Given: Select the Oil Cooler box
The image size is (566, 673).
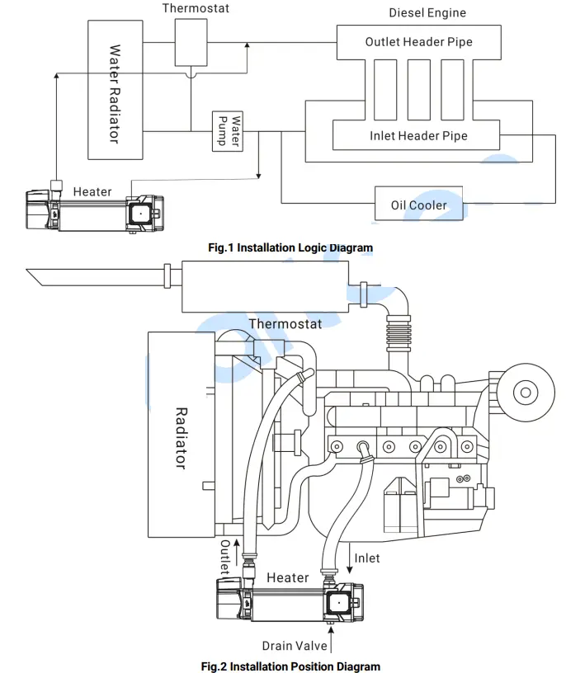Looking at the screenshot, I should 418,205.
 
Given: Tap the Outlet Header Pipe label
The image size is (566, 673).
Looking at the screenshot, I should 419,42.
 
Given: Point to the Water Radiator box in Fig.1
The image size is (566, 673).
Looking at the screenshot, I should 115,91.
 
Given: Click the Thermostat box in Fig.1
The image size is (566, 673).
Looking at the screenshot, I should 191,41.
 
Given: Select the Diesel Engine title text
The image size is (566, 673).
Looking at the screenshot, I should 427,13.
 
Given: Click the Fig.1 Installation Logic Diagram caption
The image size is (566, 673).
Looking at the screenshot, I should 290,247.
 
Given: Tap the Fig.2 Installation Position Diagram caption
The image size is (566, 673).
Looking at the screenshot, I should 290,666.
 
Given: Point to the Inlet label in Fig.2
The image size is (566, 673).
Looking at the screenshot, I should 367,558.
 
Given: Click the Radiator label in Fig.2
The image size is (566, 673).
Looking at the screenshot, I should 182,437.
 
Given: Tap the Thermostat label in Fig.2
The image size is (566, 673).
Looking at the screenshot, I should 285,324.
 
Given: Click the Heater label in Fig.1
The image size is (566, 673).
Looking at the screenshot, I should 92,192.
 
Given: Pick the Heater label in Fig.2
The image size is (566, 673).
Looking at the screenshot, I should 287,577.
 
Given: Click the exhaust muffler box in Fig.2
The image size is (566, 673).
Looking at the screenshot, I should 263,285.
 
